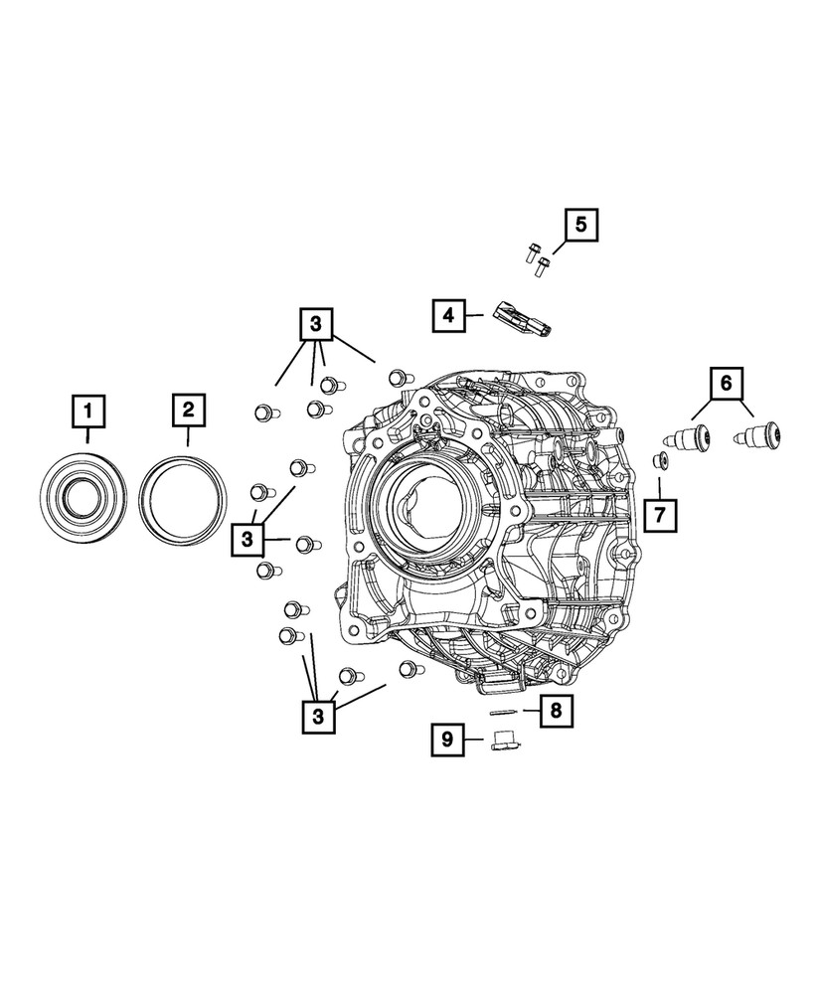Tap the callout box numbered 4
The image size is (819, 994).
449,315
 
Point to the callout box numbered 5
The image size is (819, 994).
582,225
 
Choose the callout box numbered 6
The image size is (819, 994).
726,381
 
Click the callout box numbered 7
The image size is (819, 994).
659,514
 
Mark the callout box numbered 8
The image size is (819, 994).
556,709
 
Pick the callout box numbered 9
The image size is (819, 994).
448,739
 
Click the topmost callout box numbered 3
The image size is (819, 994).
315,324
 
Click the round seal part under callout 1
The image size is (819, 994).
87,496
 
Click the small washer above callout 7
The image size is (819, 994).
658,459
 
